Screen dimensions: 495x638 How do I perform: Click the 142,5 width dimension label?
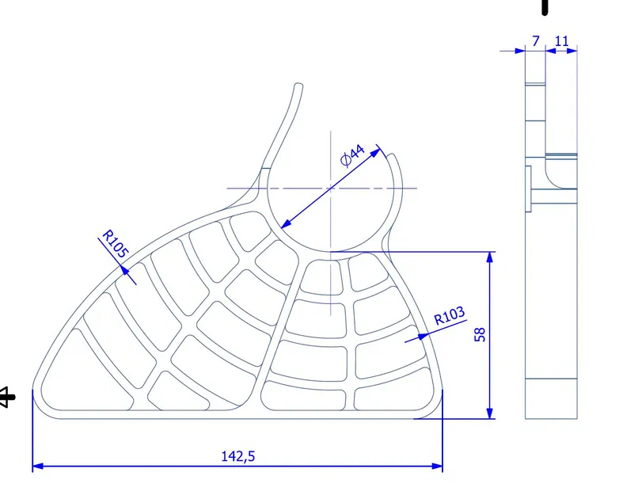pyautogui.click(x=237, y=456)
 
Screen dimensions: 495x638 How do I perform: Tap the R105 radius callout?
pyautogui.click(x=114, y=246)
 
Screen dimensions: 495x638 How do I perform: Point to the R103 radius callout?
pyautogui.click(x=450, y=318)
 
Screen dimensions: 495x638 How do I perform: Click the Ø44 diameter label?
pyautogui.click(x=352, y=155)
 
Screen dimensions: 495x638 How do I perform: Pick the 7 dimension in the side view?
pyautogui.click(x=535, y=40)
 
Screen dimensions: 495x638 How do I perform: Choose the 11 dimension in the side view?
pyautogui.click(x=562, y=40)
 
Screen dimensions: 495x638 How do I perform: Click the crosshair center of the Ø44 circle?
pyautogui.click(x=331, y=188)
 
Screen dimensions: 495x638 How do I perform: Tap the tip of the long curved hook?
pyautogui.click(x=299, y=85)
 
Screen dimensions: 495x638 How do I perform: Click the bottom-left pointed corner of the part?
pyautogui.click(x=34, y=388)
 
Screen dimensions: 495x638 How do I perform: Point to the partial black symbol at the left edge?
pyautogui.click(x=6, y=395)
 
